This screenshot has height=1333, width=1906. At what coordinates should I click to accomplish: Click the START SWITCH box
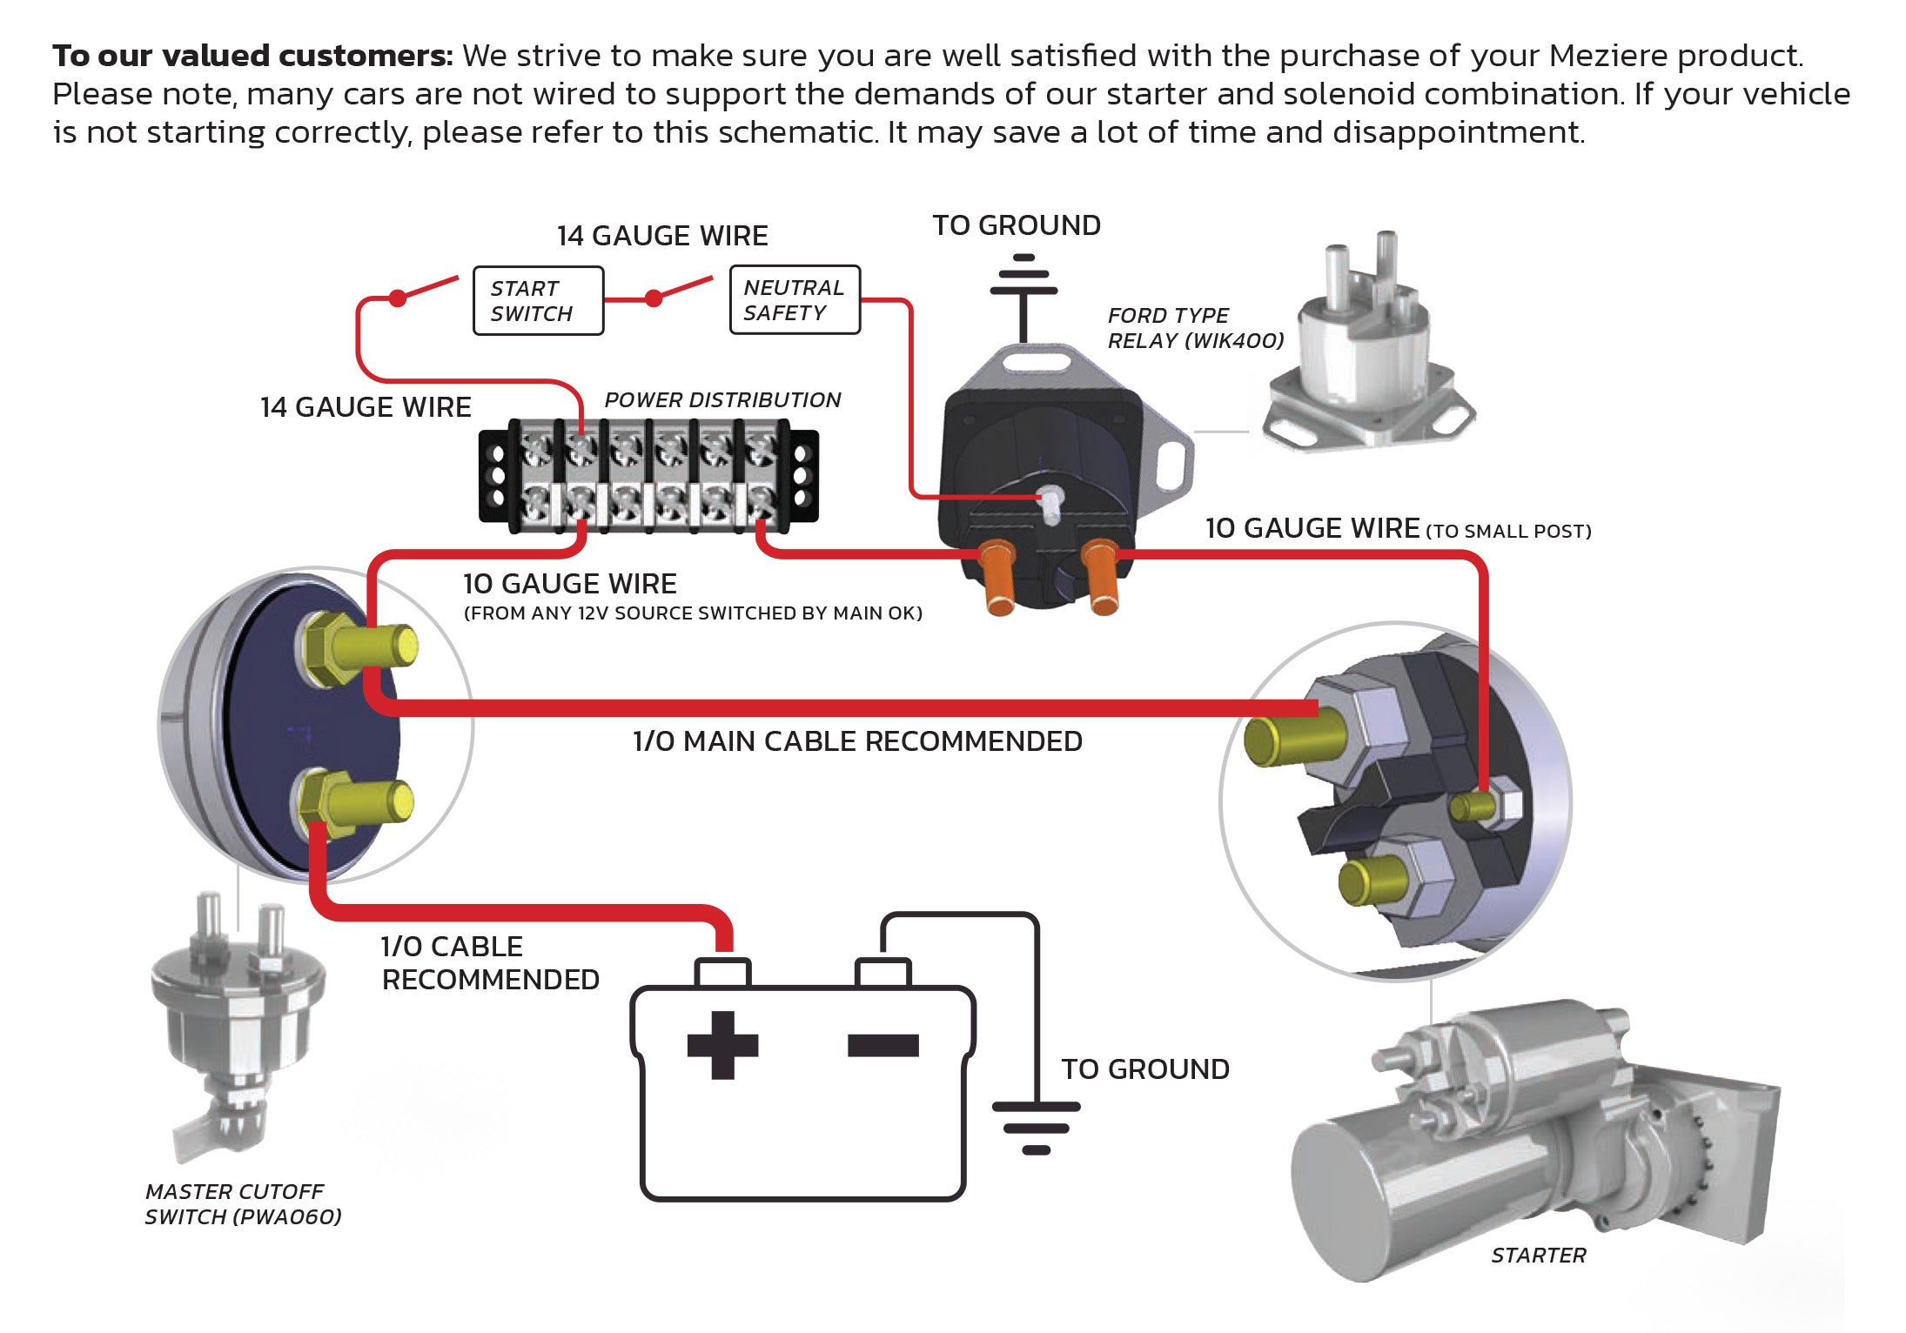coord(538,301)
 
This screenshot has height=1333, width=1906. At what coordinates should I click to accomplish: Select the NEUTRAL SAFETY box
coord(795,300)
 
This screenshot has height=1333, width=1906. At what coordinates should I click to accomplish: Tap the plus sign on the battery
coord(722,1044)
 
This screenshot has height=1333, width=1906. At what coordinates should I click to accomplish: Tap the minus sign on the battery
coord(883,1044)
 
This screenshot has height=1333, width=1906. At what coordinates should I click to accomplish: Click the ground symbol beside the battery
coord(1036,1128)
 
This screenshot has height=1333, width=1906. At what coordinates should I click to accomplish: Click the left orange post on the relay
coord(998,576)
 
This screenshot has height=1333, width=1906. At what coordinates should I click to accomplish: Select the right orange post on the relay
coord(1102,576)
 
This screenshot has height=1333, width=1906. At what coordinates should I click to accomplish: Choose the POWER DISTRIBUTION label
coord(722,400)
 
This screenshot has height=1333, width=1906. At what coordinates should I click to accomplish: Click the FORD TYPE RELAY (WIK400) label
coord(1195,328)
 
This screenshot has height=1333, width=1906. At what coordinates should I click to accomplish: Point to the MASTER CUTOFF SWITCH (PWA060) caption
coord(243,1204)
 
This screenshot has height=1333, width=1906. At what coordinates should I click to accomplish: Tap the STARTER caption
coord(1538,1256)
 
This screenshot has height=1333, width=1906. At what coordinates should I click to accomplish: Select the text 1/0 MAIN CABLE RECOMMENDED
coord(857,741)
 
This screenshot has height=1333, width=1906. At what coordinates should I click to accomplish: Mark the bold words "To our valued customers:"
coord(252,56)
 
